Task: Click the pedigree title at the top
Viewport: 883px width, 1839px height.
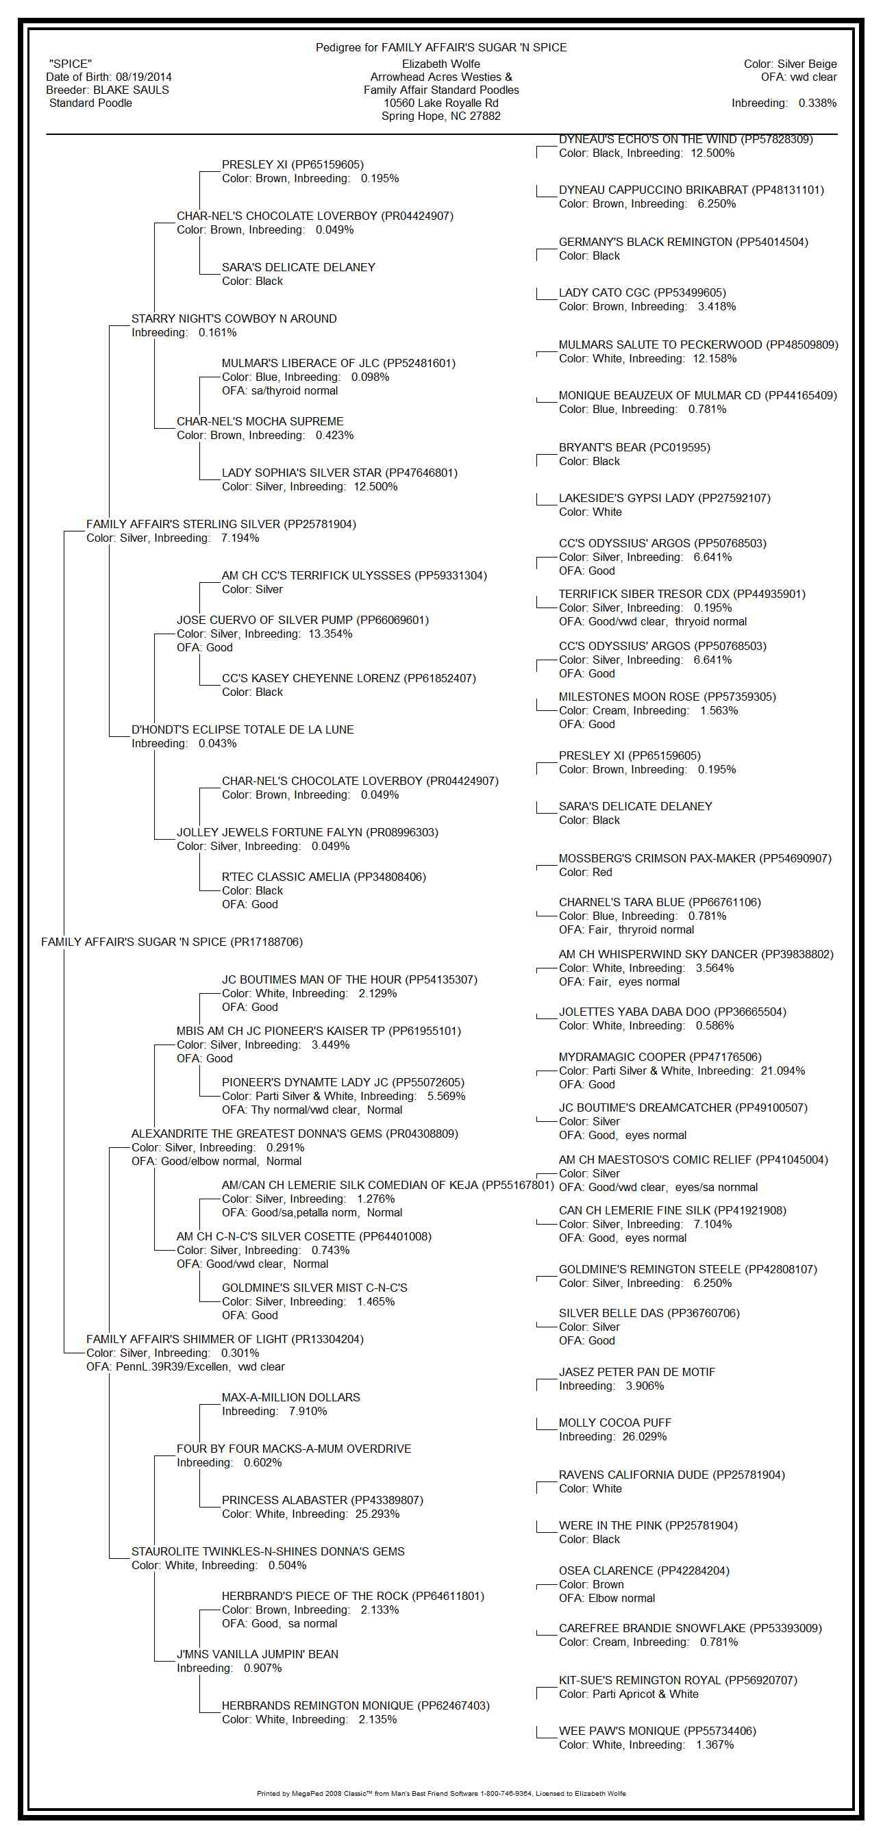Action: coord(441,48)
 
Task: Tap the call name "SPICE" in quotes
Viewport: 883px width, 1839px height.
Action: coord(71,64)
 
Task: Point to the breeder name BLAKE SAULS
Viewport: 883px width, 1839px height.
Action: coord(132,90)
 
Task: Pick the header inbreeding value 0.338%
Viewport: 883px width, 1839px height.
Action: coord(817,103)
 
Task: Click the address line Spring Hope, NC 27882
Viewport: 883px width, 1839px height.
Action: coord(440,116)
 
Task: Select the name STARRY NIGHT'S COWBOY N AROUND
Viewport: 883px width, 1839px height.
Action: coord(234,319)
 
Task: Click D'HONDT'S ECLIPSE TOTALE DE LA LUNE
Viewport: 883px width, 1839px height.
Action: coord(242,729)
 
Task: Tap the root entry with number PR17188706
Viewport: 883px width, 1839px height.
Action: coord(172,942)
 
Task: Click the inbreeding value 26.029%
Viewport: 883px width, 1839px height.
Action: coord(644,1436)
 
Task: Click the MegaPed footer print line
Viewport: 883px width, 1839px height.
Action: coord(441,1793)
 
